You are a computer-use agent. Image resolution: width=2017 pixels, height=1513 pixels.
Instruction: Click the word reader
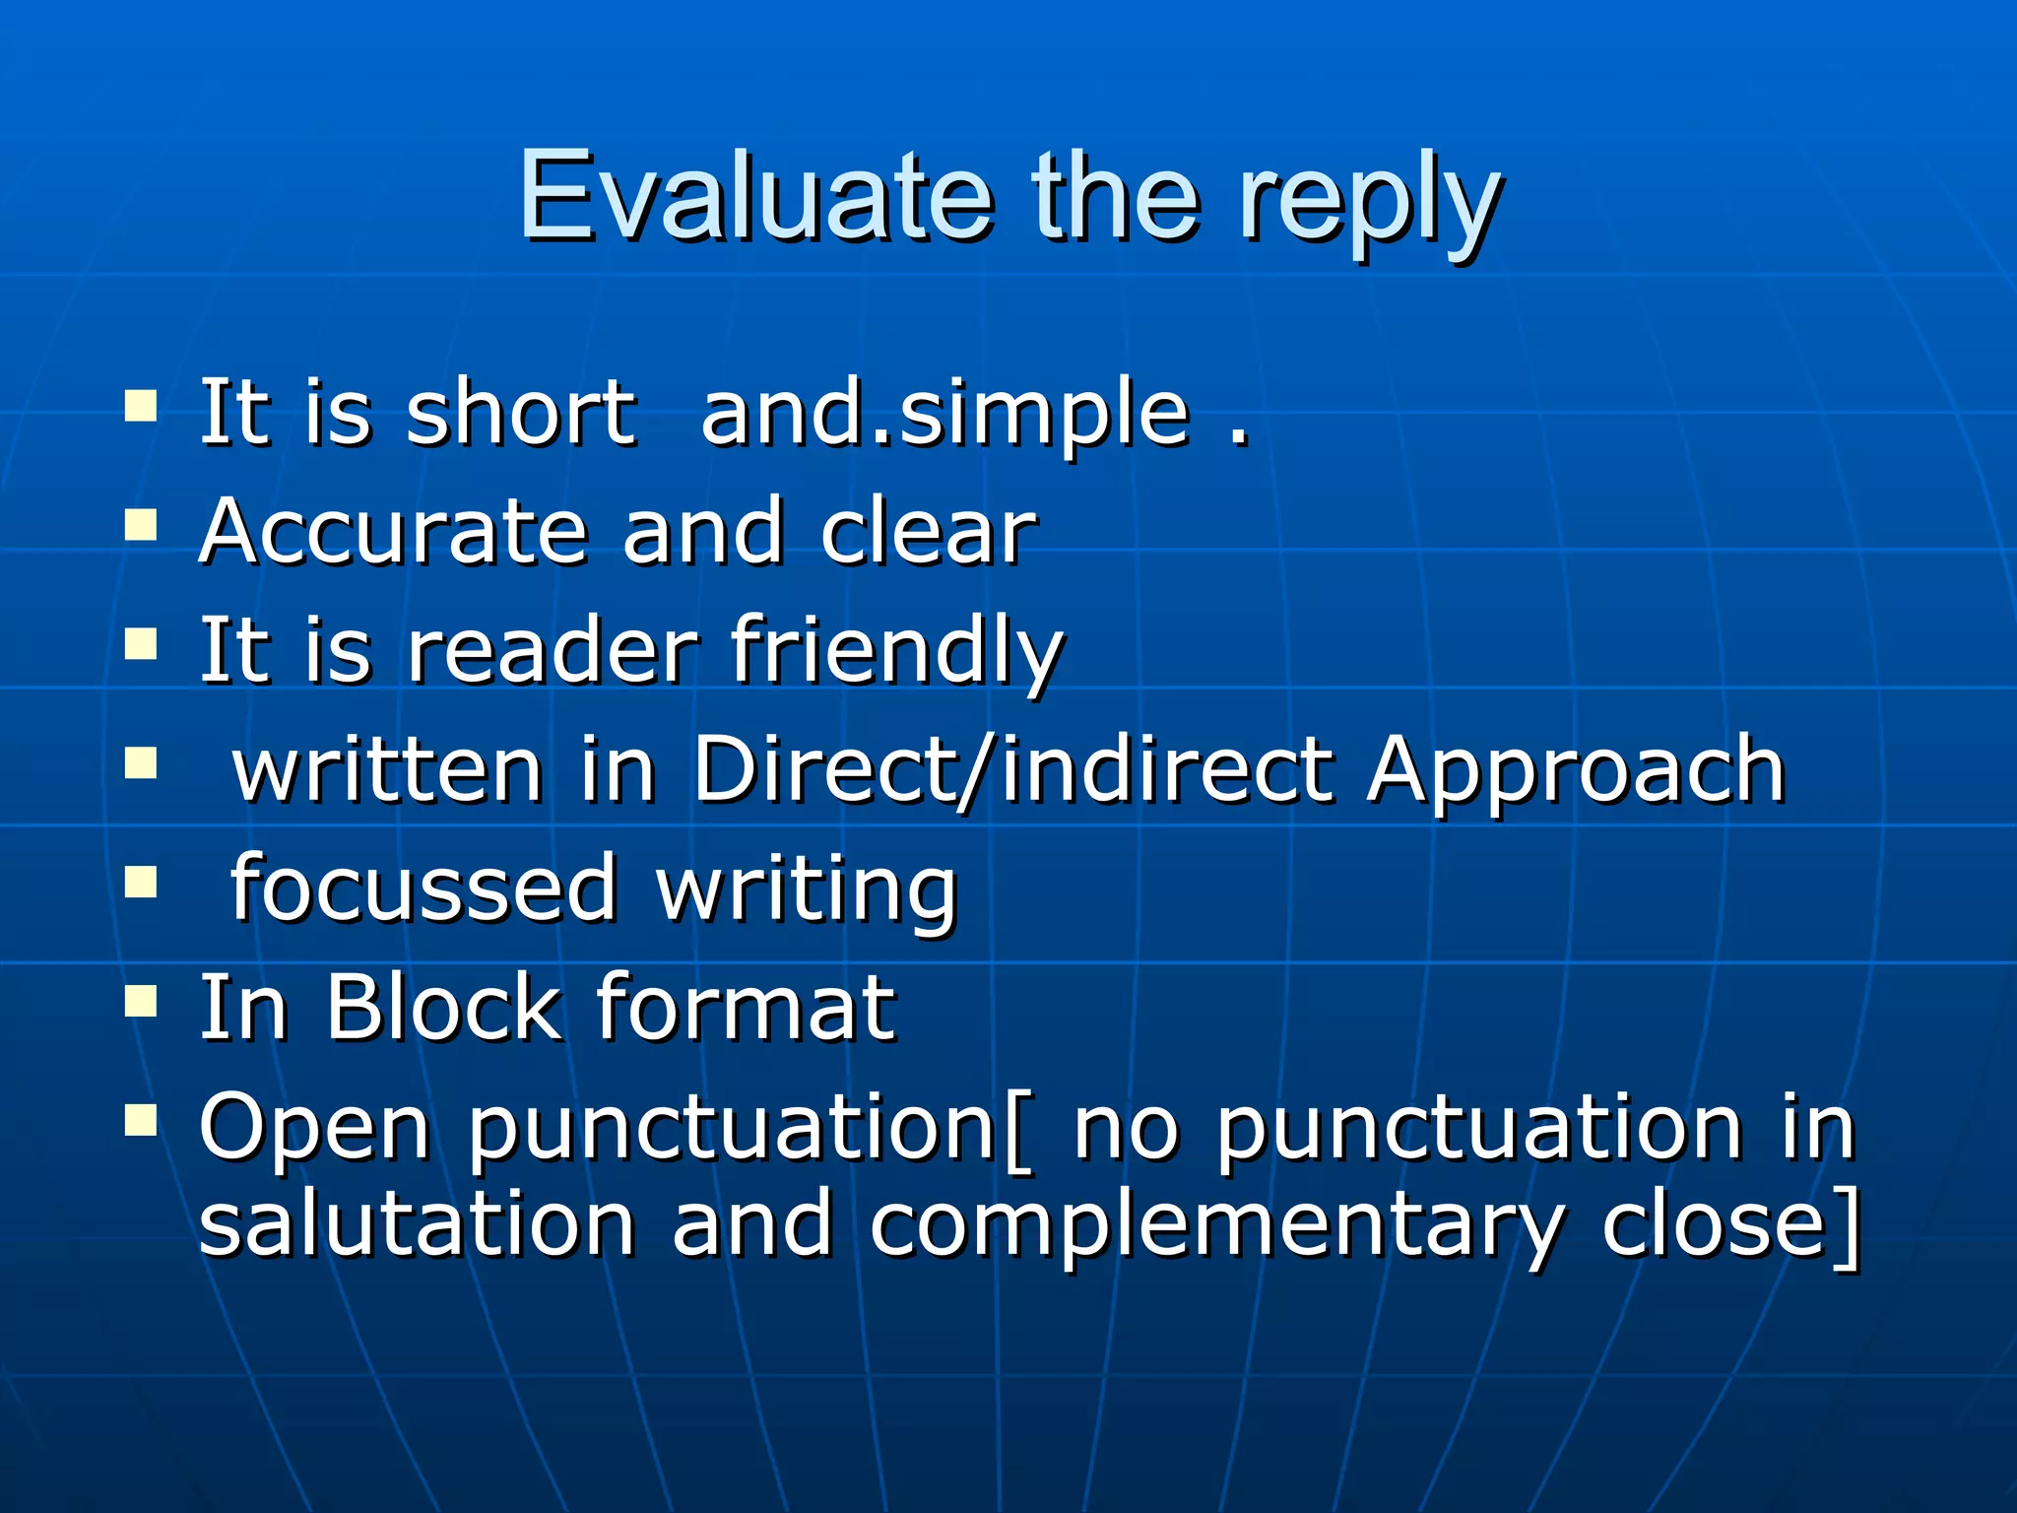[x=553, y=650]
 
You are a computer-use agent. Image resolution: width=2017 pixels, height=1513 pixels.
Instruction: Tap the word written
[x=387, y=769]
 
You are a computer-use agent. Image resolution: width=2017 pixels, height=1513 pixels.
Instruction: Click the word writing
[x=807, y=891]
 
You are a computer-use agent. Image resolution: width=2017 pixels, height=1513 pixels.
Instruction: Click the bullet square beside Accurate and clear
[x=142, y=525]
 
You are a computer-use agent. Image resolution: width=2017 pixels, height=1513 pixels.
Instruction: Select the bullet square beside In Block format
[x=142, y=1001]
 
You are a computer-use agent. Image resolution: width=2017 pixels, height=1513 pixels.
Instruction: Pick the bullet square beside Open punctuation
[x=142, y=1120]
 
